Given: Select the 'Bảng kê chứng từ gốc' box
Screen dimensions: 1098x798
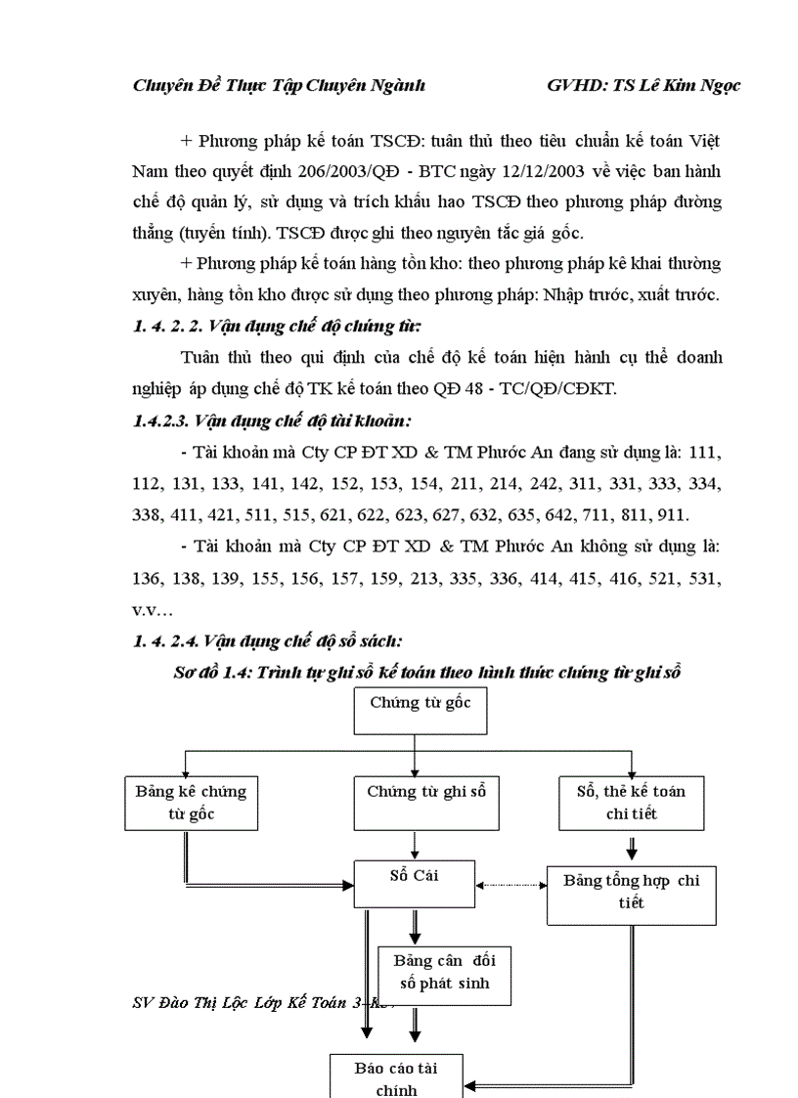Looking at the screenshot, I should tap(191, 802).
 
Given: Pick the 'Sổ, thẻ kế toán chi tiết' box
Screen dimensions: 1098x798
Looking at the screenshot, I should tap(631, 802).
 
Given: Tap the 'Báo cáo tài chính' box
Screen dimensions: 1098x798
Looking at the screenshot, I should tap(395, 1076).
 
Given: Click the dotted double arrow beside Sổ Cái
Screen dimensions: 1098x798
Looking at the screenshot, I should tap(510, 885).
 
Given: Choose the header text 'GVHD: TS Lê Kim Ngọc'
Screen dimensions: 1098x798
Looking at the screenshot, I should tap(643, 85).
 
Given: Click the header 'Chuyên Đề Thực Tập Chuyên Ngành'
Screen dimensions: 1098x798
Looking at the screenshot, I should tap(279, 85).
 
